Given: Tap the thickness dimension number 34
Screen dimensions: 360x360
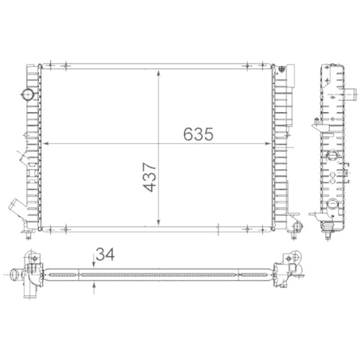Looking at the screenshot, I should pos(105,254).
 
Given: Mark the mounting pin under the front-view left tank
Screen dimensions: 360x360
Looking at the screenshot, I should pos(27,233).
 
